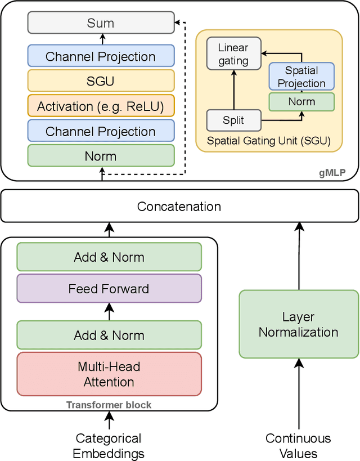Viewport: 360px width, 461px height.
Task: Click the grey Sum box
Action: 101,23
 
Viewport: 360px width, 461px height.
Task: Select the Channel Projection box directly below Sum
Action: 101,56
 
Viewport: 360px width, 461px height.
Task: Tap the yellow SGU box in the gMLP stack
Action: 101,81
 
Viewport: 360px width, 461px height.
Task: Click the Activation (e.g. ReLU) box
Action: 101,106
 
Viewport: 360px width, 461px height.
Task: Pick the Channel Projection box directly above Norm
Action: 101,131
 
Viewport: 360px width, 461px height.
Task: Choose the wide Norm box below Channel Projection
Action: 101,156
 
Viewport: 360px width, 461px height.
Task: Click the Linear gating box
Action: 233,54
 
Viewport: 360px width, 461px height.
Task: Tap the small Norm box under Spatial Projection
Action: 301,102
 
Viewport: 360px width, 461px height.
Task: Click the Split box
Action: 233,120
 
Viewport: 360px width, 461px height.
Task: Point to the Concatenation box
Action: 179,206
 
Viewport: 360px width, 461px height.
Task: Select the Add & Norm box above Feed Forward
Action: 109,257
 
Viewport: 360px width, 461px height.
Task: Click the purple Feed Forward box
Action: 109,289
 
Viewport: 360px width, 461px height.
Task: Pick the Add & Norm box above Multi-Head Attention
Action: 109,335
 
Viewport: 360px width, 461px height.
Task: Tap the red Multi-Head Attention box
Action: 109,374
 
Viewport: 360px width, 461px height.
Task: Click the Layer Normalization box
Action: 298,324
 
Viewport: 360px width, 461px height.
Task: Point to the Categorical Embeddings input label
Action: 109,446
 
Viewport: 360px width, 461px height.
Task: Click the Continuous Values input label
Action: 298,446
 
